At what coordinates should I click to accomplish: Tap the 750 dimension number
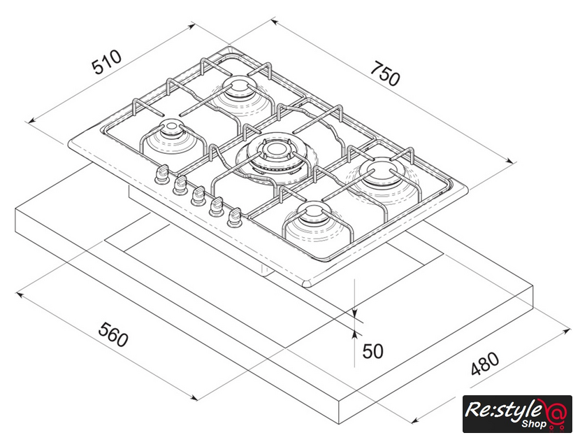(385, 74)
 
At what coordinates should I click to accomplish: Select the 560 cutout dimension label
(113, 335)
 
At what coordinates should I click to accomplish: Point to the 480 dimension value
(484, 364)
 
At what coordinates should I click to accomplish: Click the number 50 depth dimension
(372, 350)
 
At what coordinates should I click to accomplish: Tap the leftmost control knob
(162, 173)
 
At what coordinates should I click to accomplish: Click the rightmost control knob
(234, 216)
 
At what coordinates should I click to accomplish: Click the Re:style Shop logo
(517, 413)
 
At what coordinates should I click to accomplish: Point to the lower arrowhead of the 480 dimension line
(414, 422)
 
